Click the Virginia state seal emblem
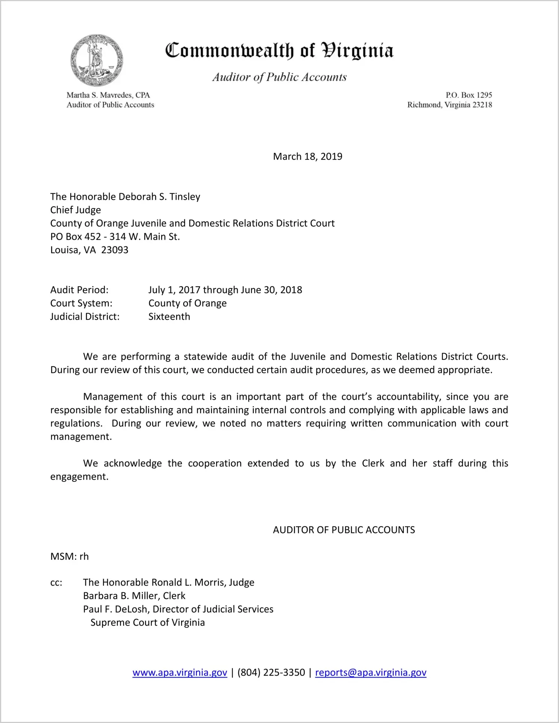click(97, 60)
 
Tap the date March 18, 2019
click(308, 157)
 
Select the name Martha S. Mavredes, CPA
click(108, 95)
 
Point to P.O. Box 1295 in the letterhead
click(468, 95)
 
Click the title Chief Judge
click(76, 210)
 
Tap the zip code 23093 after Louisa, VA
click(114, 250)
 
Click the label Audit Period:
click(79, 290)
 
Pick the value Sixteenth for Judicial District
click(169, 316)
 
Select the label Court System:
click(81, 303)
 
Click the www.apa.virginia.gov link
click(180, 672)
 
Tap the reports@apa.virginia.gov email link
click(370, 672)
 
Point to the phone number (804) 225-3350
click(271, 672)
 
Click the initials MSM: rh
click(70, 556)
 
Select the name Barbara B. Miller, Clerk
click(134, 596)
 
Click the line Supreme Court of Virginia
click(147, 622)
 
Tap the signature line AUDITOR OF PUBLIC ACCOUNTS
click(344, 530)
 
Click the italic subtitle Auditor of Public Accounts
click(279, 77)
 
